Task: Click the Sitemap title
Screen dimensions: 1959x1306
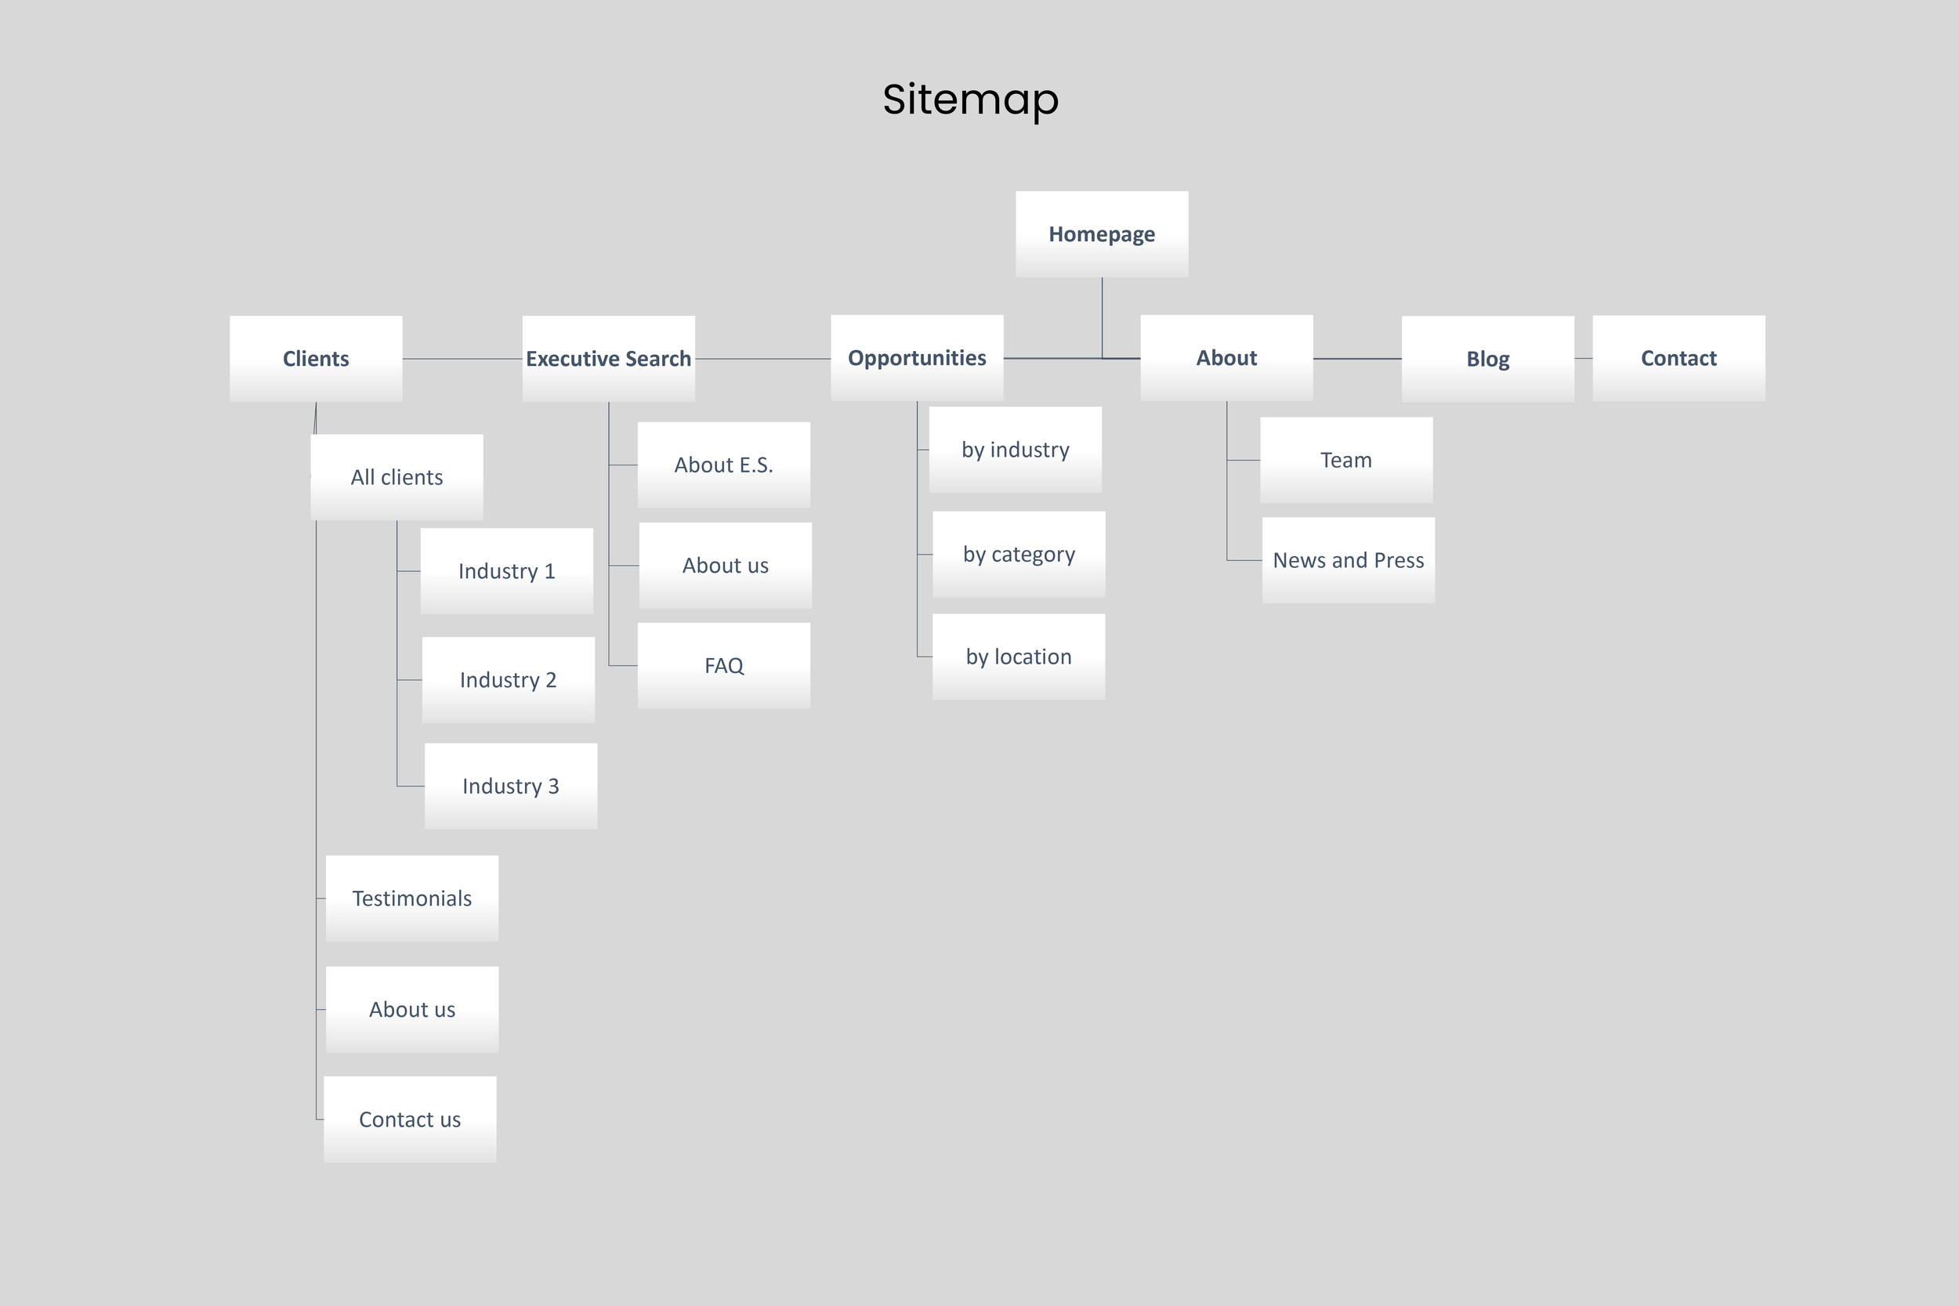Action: click(970, 99)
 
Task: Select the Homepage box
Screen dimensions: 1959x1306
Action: click(1101, 234)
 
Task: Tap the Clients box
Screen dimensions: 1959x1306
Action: click(316, 359)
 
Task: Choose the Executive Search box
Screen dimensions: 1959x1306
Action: click(608, 359)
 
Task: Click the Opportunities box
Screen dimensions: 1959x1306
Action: click(916, 358)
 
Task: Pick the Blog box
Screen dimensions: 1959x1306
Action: click(1487, 359)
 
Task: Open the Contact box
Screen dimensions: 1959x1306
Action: click(1678, 358)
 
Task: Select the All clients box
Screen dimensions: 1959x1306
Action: click(397, 477)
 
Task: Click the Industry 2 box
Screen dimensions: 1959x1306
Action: click(508, 680)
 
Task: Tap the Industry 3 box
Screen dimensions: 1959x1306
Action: click(511, 787)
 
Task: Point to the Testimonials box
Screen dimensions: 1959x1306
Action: click(411, 899)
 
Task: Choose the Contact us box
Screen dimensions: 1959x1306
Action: click(410, 1120)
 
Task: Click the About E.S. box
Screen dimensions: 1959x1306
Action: click(724, 465)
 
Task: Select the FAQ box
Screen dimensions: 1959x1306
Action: click(724, 665)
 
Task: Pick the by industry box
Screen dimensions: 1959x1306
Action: click(1016, 450)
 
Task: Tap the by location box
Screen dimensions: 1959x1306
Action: click(1019, 657)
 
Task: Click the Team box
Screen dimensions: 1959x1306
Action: click(1346, 460)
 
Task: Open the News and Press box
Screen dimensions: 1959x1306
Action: click(1349, 560)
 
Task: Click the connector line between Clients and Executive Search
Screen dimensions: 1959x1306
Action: click(462, 359)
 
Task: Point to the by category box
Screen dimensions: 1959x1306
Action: click(1019, 555)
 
